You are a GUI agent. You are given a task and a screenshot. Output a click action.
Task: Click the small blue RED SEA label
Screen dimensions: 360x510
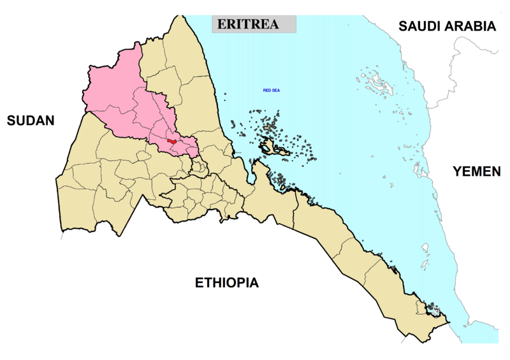(x=272, y=91)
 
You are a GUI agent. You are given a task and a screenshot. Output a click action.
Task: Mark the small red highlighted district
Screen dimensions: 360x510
(x=171, y=141)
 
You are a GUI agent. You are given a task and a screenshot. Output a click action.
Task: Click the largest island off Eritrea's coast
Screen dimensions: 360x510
(x=275, y=148)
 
